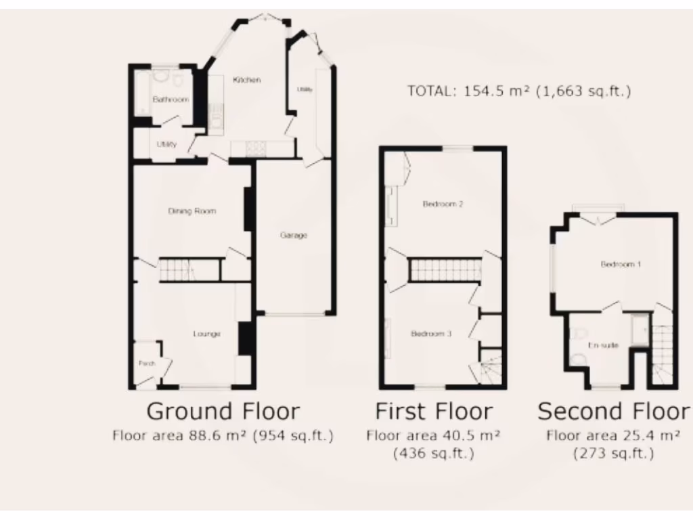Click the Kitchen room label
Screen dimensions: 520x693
tap(246, 80)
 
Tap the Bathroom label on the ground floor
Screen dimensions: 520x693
tap(170, 100)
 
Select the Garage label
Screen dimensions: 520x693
tap(294, 236)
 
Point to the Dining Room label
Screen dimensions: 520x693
tap(192, 211)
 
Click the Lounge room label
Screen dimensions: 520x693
tap(207, 334)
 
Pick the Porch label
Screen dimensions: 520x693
tap(147, 364)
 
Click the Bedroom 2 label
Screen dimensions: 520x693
tap(443, 204)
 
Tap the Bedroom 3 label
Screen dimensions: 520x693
tap(431, 334)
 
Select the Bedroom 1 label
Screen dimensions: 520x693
tap(621, 264)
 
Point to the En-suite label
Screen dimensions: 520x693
tap(602, 345)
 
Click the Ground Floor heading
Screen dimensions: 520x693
tap(223, 411)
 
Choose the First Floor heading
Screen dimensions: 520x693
tap(434, 411)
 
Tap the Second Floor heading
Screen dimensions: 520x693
tap(613, 411)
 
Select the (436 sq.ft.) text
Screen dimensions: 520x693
tap(434, 453)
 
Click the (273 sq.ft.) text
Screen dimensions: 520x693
tap(613, 453)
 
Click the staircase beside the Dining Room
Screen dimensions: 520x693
tap(177, 270)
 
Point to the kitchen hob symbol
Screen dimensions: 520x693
tap(255, 148)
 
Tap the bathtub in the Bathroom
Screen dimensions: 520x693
tap(142, 94)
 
